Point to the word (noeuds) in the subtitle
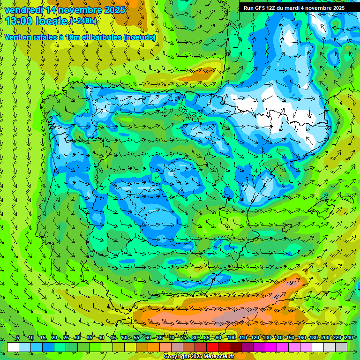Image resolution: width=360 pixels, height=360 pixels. (140, 37)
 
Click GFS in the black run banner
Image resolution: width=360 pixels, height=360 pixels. (261, 8)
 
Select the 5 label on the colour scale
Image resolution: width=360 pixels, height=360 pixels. (17, 338)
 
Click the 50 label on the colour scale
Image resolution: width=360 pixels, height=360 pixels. (125, 338)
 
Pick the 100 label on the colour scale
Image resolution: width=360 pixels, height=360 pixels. (232, 338)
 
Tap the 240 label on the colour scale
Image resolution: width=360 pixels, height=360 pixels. (349, 338)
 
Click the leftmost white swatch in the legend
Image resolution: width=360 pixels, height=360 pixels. (13, 347)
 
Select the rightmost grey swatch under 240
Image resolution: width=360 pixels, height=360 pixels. (341, 347)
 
